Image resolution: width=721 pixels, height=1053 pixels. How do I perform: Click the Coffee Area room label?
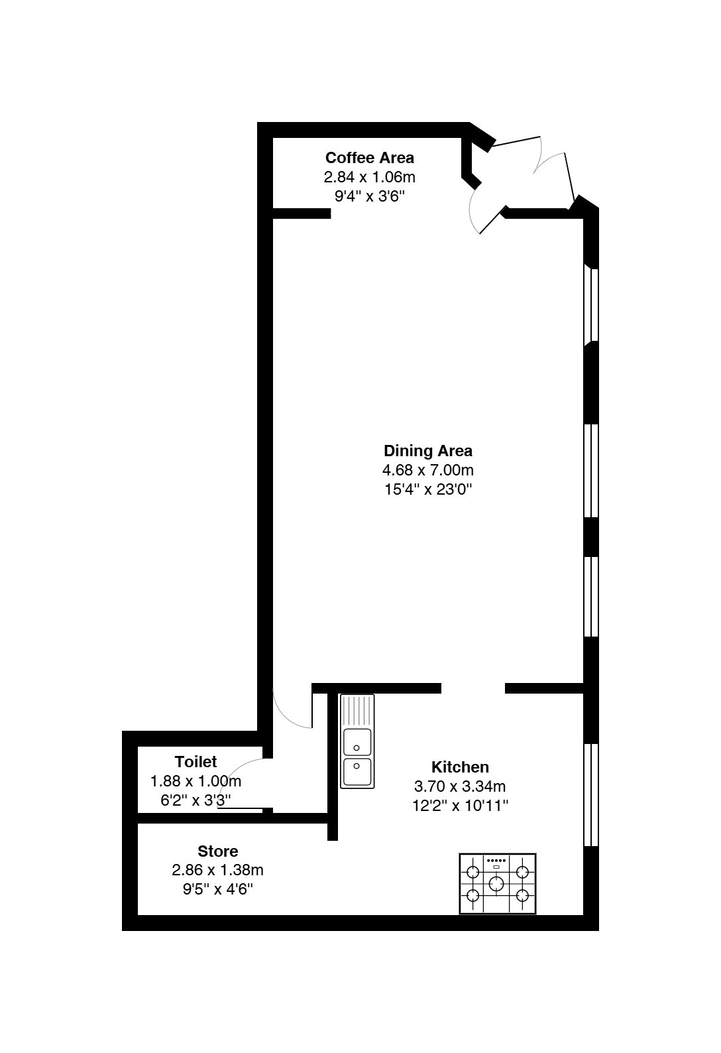[369, 157]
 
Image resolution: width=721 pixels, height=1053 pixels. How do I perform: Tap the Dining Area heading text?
[428, 451]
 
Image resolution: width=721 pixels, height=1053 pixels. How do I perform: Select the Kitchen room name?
[460, 767]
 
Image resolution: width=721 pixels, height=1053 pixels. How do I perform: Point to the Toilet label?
[196, 761]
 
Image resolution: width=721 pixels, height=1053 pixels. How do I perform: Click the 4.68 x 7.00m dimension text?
[428, 470]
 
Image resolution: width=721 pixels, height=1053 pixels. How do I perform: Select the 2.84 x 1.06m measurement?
[370, 177]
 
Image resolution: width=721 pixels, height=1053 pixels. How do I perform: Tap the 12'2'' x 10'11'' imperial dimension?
[461, 806]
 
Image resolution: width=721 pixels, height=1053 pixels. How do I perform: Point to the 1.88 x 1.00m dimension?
[195, 781]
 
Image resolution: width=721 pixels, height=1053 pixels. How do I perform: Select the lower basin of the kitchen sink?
[357, 771]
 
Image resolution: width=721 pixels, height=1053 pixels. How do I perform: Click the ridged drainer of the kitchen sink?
[357, 712]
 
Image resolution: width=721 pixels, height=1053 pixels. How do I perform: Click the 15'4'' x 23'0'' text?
[428, 490]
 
